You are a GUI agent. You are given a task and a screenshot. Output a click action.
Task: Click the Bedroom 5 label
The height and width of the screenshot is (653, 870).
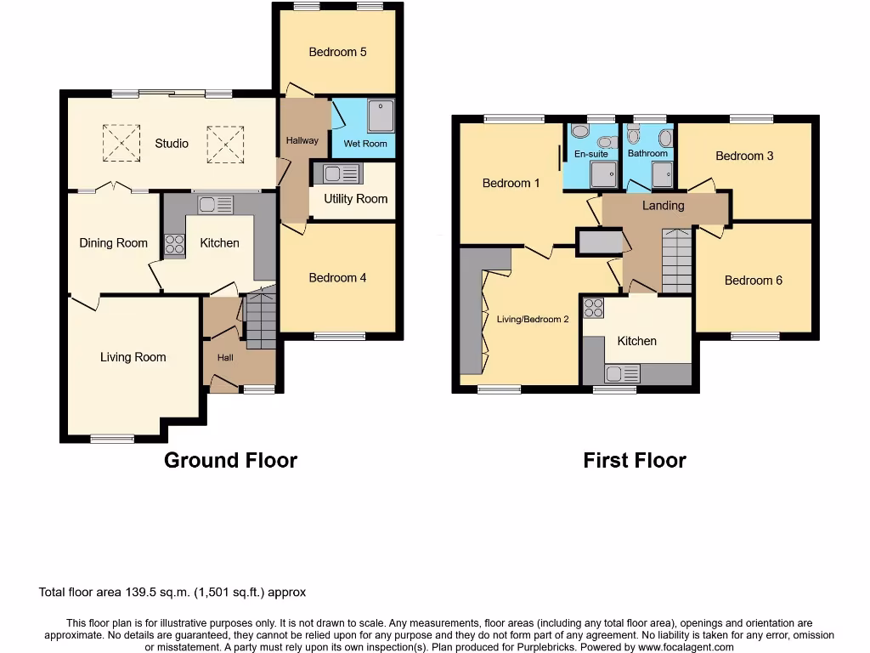tap(337, 52)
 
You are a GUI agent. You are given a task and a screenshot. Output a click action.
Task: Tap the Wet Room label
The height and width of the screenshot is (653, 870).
tap(364, 144)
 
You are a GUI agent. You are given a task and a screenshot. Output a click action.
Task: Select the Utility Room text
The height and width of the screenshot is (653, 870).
tap(355, 199)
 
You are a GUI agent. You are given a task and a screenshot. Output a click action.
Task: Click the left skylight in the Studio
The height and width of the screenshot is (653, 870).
tap(121, 143)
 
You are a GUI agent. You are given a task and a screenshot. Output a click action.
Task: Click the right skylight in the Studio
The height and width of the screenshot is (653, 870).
tap(225, 143)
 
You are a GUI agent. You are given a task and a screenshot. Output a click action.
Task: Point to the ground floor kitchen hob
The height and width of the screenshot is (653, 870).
tap(174, 245)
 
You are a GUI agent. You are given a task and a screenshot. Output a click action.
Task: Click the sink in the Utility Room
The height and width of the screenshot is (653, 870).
tap(339, 174)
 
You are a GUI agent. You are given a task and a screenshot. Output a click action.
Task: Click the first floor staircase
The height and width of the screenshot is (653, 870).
tap(677, 260)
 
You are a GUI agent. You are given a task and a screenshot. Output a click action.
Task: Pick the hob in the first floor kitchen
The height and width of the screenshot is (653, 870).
tap(593, 307)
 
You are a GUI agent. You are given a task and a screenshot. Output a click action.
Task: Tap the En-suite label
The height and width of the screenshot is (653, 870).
tap(591, 154)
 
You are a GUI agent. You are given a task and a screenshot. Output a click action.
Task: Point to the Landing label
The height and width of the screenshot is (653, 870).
tap(663, 206)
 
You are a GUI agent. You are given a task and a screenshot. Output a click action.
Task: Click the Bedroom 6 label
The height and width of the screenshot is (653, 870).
tap(753, 281)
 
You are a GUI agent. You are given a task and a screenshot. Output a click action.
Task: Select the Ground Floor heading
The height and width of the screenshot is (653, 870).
tap(230, 461)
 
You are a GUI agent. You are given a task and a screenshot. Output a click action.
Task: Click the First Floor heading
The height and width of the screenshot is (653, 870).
tap(634, 461)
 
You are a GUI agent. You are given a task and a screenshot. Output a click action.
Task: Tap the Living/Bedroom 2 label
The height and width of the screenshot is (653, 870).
tap(533, 320)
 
